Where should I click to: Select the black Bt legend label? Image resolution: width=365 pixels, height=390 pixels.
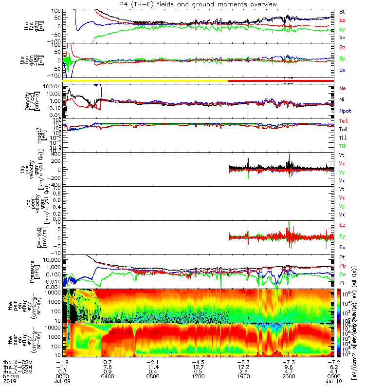[342, 11]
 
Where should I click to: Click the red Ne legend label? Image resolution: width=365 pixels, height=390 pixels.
[342, 88]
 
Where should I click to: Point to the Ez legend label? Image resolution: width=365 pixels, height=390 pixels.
[342, 225]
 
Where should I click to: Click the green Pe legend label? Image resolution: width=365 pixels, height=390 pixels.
[342, 275]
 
